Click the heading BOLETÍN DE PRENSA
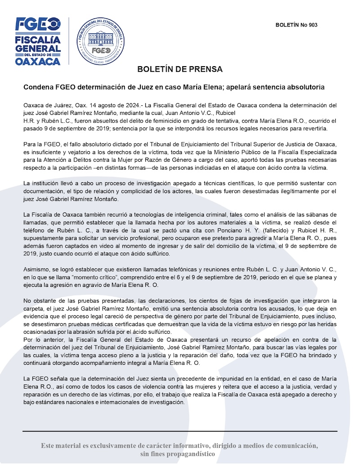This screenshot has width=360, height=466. point(180,70)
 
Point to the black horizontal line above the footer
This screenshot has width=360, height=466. point(180,431)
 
